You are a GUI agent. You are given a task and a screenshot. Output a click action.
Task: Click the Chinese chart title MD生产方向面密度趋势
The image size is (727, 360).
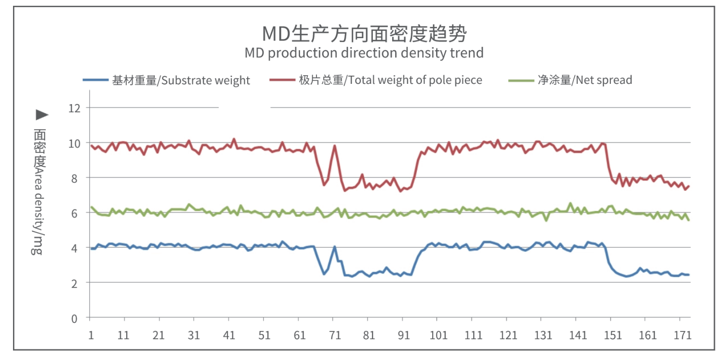pyautogui.click(x=364, y=34)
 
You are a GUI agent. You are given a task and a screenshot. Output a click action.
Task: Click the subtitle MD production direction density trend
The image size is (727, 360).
pyautogui.click(x=364, y=53)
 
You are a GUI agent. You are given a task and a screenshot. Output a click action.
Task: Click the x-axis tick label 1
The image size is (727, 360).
pyautogui.click(x=91, y=335)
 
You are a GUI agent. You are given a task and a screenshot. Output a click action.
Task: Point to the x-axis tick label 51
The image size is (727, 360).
pyautogui.click(x=264, y=335)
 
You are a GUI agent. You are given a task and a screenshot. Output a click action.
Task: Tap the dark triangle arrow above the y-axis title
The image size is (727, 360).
pyautogui.click(x=42, y=115)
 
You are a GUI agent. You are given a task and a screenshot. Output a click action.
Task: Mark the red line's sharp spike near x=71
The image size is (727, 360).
pyautogui.click(x=334, y=146)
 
